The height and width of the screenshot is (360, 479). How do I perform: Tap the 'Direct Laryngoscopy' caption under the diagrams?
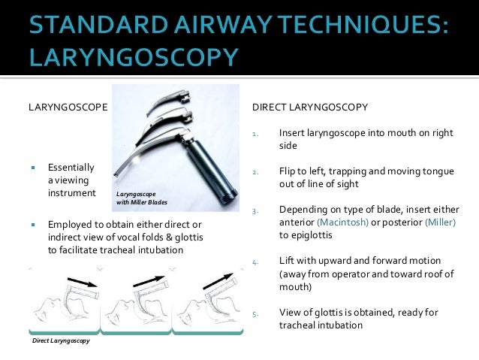61,341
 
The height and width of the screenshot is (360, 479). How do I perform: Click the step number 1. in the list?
255,135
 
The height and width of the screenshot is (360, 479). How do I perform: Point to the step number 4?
255,263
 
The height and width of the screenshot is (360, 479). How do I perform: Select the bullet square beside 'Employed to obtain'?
34,225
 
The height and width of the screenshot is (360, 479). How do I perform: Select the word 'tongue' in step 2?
439,171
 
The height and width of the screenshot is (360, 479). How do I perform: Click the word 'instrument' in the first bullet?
71,193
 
